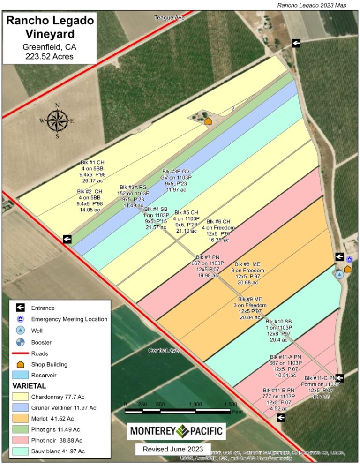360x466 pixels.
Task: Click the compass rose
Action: [57, 120]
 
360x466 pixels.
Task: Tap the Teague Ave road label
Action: [170, 18]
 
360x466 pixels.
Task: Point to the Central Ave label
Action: [164, 351]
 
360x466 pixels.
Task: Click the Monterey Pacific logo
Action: [176, 431]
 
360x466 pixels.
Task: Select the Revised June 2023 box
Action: [173, 449]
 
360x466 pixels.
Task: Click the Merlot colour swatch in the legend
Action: [21, 418]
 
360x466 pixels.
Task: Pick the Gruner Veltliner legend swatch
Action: [21, 407]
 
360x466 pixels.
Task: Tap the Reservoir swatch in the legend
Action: [21, 375]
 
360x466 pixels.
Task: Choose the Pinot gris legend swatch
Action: [21, 429]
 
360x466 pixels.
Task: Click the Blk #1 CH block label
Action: [92, 171]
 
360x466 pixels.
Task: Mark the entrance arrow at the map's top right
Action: [296, 43]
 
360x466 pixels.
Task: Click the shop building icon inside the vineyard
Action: [208, 121]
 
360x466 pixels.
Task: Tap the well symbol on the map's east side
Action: [340, 274]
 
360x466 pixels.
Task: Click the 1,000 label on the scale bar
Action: [195, 404]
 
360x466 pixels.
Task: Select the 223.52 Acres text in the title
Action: [50, 57]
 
